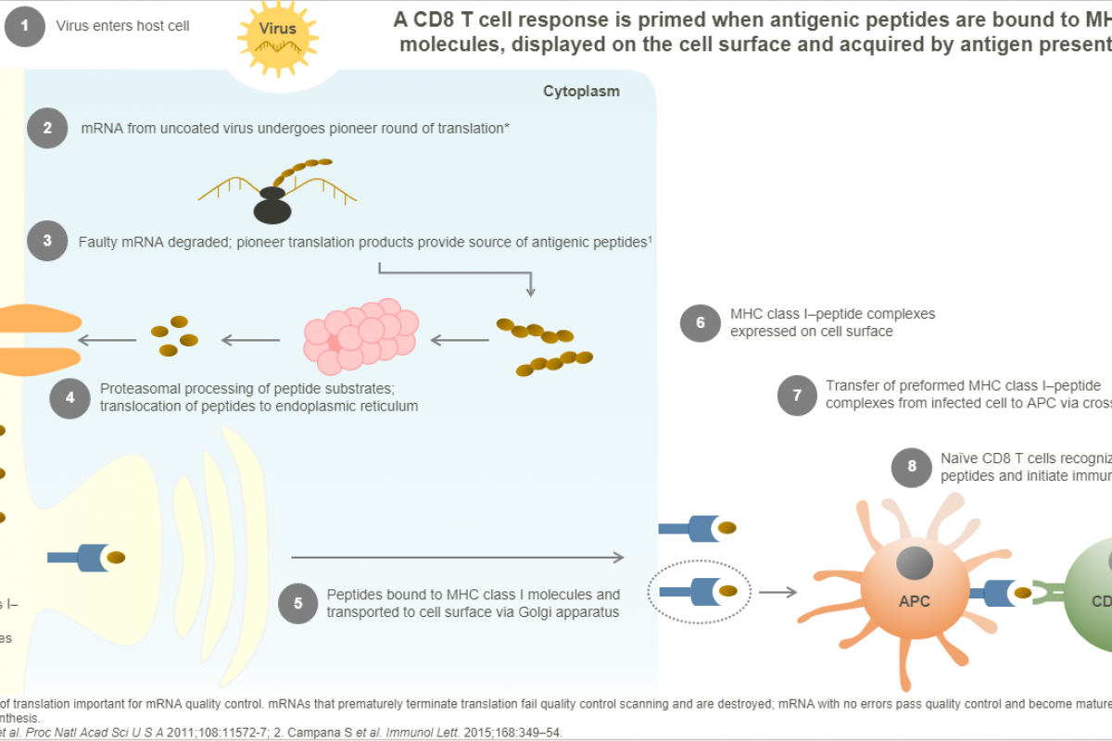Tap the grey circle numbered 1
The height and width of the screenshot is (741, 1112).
[24, 26]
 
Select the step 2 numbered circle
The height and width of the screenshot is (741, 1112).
[47, 129]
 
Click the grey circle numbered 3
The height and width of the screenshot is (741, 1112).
[47, 242]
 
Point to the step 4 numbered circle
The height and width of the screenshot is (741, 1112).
[69, 396]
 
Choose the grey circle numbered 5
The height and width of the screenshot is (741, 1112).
[297, 603]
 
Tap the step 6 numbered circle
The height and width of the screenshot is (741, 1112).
[700, 322]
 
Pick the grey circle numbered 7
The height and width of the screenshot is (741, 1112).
[796, 394]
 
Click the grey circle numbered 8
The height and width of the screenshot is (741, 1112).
[911, 467]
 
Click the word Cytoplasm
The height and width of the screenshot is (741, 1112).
[581, 91]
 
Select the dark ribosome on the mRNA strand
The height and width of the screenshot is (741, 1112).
[272, 207]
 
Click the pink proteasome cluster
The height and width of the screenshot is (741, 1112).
[360, 333]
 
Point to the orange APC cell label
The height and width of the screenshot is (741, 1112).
[914, 600]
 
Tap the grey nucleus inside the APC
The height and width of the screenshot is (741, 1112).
[914, 563]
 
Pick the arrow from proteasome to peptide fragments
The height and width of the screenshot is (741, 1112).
[251, 341]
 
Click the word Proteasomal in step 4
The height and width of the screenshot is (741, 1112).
[138, 388]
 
